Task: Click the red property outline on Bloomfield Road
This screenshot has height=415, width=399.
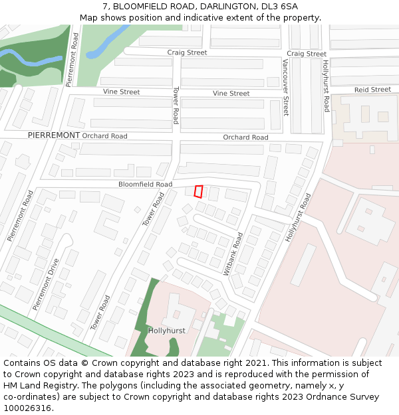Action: (198, 191)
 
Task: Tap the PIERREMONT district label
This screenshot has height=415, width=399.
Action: (54, 135)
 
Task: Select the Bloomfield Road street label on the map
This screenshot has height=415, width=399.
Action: (145, 184)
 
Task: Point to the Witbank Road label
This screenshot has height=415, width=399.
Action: (234, 254)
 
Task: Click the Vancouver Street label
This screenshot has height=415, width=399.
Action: (286, 87)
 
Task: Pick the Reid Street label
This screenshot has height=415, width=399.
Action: (372, 90)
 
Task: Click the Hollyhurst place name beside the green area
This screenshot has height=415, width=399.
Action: (166, 330)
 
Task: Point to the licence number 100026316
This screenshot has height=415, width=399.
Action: (27, 408)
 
